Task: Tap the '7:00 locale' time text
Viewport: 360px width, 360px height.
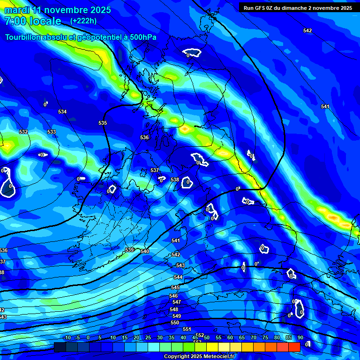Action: point(33,21)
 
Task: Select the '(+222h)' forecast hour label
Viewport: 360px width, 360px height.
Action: point(83,21)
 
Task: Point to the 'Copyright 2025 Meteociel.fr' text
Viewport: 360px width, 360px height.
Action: point(199,356)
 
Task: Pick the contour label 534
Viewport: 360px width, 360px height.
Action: point(62,112)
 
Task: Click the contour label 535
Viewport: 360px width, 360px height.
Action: point(103,123)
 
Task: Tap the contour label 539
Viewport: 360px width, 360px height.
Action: point(130,250)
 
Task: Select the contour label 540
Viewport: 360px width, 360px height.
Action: point(145,251)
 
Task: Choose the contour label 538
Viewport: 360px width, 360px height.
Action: point(175,180)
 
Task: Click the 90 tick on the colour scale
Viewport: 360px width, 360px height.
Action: point(300,337)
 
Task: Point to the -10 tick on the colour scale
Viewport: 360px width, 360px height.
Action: point(67,337)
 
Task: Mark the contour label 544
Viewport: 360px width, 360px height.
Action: point(178,277)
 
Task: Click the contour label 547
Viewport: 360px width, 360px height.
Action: point(176,302)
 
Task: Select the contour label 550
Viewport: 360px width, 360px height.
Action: point(175,322)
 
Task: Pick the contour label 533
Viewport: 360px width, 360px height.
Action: point(52,132)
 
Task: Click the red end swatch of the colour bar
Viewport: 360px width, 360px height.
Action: point(294,347)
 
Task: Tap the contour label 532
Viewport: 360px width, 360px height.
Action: point(23,132)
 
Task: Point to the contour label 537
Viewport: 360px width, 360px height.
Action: point(155,170)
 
